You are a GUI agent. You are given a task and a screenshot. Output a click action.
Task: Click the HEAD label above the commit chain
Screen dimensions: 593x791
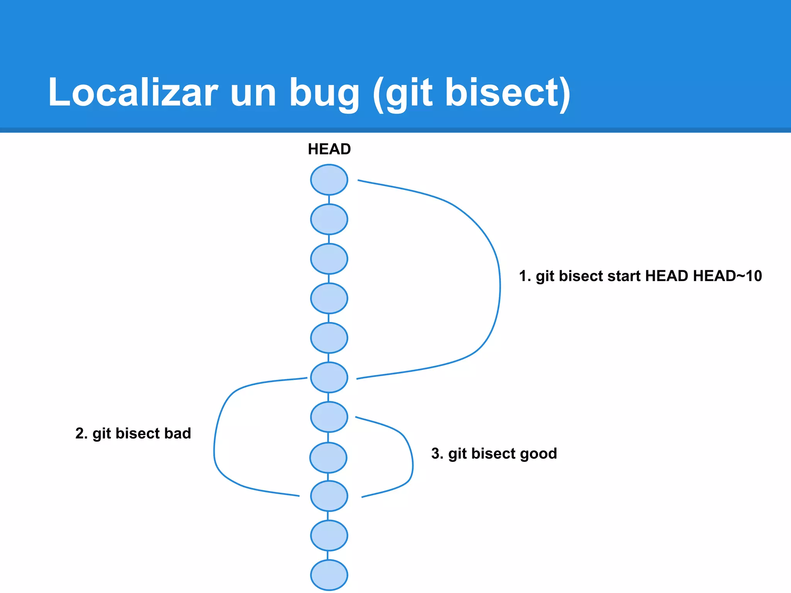tap(329, 149)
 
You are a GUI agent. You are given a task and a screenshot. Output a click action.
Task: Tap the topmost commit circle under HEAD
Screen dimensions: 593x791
tap(329, 180)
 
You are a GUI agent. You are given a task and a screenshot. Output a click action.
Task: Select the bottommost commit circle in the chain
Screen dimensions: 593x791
tap(329, 575)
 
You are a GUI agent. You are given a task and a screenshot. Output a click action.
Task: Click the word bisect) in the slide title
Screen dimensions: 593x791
tap(508, 93)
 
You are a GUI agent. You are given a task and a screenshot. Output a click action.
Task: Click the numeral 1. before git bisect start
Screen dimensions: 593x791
tap(525, 276)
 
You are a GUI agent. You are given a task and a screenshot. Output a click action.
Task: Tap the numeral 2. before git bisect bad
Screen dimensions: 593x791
tap(81, 433)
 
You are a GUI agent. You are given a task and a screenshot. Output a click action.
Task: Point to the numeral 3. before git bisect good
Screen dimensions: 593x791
tap(437, 454)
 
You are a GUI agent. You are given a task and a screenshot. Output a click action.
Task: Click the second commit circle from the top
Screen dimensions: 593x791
tap(329, 219)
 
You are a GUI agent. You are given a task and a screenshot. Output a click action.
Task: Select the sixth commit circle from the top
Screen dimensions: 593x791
tap(329, 377)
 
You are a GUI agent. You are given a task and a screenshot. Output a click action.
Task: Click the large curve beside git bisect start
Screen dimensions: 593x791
tap(500, 286)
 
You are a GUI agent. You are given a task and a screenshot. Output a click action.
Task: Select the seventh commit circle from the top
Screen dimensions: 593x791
tap(329, 417)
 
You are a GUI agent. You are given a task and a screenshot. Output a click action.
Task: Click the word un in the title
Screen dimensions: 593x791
tap(253, 93)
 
